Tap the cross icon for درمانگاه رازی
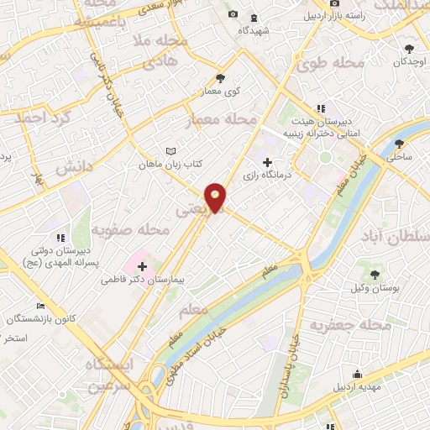(267, 162)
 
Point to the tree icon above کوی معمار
(220, 78)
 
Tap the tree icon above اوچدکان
(409, 50)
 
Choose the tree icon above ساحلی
(400, 143)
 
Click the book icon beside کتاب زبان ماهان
(171, 151)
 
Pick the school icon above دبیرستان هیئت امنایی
(319, 107)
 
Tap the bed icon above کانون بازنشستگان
(40, 307)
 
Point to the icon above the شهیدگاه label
(254, 16)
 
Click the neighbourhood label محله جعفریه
(351, 325)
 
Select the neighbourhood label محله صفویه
(125, 229)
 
